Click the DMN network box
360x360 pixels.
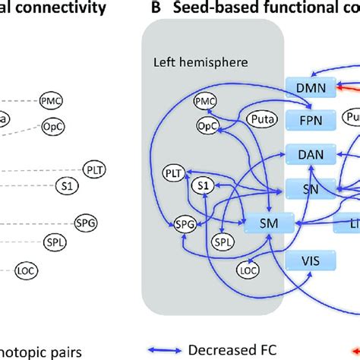[x=311, y=88]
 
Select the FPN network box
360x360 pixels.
[x=311, y=119]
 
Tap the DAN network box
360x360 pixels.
[x=311, y=154]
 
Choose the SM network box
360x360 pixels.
[x=267, y=223]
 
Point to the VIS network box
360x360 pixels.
[x=310, y=261]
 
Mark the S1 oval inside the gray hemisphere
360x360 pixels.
[x=201, y=185]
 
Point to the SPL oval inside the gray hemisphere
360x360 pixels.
[x=221, y=243]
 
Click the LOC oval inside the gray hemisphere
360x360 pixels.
[x=248, y=268]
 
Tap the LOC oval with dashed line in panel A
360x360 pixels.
[x=26, y=269]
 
